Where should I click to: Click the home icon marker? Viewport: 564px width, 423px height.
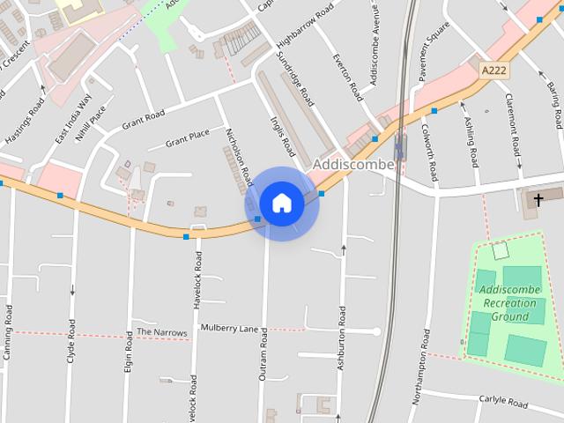[x=281, y=204]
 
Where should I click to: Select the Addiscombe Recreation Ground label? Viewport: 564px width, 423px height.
[x=510, y=301]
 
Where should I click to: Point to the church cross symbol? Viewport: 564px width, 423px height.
[x=537, y=200]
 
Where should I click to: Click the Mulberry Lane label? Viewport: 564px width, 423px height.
[x=229, y=329]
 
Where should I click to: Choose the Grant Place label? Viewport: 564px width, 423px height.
[x=188, y=137]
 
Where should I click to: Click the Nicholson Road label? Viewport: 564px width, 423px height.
[x=239, y=156]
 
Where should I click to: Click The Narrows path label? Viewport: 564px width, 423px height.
[x=162, y=333]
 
